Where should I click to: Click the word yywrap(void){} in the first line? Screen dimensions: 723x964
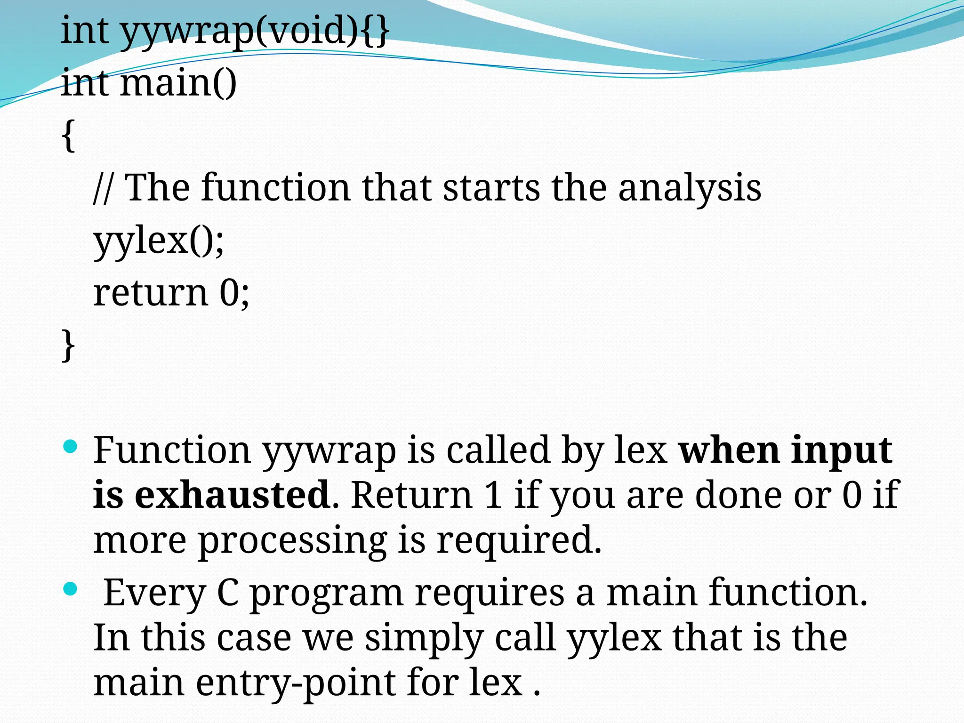point(254,31)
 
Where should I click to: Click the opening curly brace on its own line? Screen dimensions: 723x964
point(69,136)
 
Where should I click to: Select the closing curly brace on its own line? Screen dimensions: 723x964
point(69,345)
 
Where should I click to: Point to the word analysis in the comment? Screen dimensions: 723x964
point(689,189)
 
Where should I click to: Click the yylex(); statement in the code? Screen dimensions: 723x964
point(159,241)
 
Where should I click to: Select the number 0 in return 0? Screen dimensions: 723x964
point(230,293)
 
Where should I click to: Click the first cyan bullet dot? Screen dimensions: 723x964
point(70,446)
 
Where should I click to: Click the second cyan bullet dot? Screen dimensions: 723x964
point(70,589)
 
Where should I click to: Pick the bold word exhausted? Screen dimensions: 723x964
point(232,495)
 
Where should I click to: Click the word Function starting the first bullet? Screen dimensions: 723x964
point(172,450)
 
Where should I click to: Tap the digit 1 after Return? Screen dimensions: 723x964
point(493,495)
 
